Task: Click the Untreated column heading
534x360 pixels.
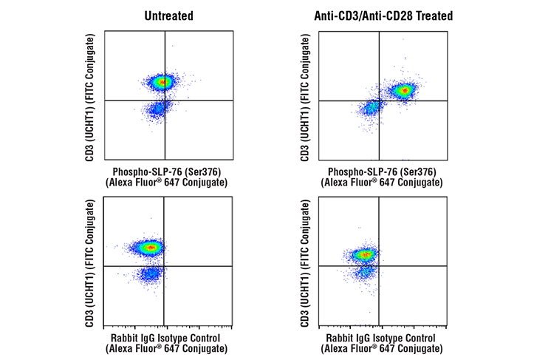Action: coord(168,16)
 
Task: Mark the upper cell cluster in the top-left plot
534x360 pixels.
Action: coord(160,81)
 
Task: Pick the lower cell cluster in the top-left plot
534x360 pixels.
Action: coord(156,110)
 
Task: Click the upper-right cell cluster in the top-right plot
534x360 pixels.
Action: coord(403,91)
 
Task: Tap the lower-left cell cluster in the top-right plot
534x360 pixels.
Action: coord(372,109)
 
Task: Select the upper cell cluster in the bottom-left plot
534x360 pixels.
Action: coord(150,248)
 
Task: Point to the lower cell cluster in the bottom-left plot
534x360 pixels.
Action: coord(150,274)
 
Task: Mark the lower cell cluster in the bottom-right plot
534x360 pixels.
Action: coord(364,273)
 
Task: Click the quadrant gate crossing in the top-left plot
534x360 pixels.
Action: coord(164,100)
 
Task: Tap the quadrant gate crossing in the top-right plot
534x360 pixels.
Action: coord(379,101)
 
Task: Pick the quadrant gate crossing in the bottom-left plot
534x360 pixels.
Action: coord(164,265)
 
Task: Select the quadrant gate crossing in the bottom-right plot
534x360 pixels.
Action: coord(379,265)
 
